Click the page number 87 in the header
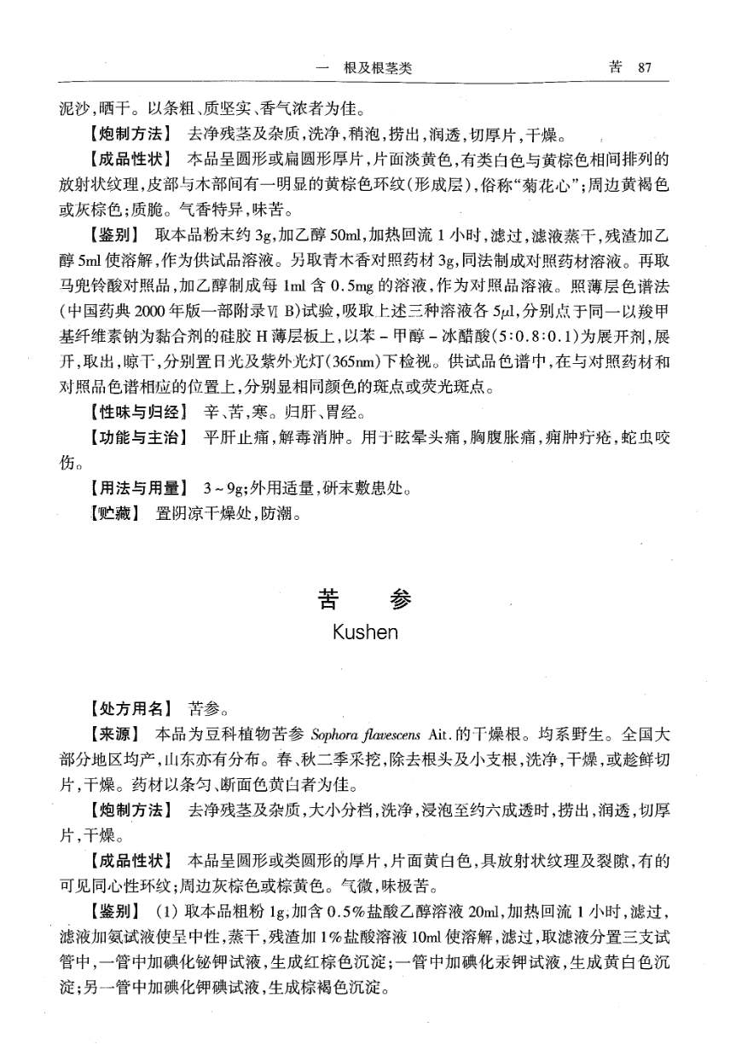pos(644,68)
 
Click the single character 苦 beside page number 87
pos(615,68)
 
